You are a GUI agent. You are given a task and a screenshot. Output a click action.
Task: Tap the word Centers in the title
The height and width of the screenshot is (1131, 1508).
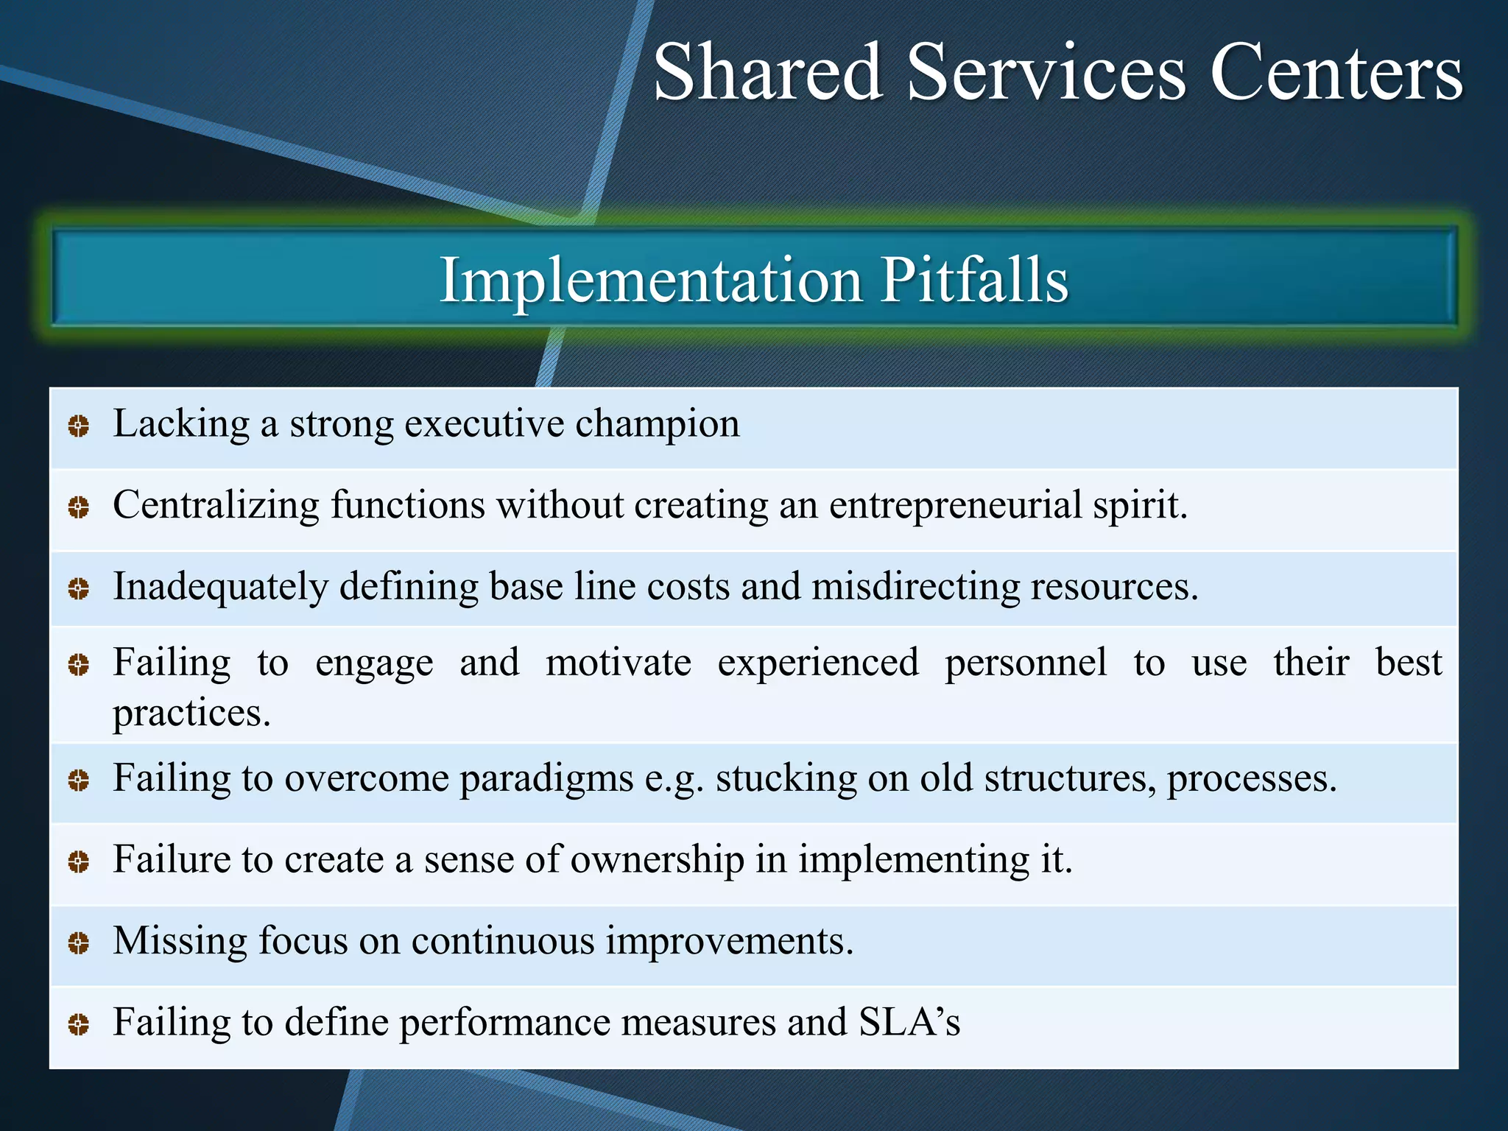click(1336, 72)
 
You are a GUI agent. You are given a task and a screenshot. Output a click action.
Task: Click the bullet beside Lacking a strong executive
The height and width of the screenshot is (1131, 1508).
click(79, 426)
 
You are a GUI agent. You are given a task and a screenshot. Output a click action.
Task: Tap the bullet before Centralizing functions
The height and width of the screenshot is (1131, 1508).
click(79, 507)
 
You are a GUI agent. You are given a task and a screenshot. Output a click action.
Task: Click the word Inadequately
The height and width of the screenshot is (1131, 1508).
click(220, 588)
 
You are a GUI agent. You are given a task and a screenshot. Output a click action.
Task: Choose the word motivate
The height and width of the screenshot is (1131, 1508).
click(619, 663)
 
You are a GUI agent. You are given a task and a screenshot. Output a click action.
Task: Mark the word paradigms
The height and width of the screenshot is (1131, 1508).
click(546, 779)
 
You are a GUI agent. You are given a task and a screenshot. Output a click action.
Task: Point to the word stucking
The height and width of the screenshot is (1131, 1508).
click(786, 779)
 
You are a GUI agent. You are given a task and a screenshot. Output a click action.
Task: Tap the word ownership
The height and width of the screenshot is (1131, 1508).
click(657, 860)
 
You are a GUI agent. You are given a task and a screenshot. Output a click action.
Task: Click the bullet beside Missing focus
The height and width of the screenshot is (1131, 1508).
click(79, 943)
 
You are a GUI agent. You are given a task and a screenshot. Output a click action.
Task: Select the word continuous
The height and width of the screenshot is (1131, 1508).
click(502, 942)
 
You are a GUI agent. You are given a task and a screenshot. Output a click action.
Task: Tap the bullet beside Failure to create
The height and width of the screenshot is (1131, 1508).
click(79, 862)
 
